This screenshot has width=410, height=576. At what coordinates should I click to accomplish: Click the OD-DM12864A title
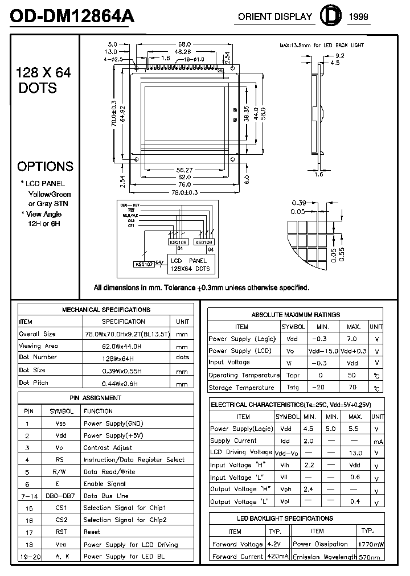72,17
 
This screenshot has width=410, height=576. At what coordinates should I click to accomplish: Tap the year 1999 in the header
358,17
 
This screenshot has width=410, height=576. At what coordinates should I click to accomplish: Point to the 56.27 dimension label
184,170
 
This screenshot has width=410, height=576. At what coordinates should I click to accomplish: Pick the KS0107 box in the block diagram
145,264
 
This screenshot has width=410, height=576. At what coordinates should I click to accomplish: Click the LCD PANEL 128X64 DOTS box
191,264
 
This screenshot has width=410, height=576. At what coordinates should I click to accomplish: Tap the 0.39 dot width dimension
300,203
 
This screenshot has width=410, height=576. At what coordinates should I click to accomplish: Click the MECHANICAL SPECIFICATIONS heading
106,310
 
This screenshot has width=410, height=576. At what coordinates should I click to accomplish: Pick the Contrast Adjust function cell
107,447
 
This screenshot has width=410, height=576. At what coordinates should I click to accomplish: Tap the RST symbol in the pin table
61,532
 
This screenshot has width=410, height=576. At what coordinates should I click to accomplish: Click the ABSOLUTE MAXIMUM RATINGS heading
296,314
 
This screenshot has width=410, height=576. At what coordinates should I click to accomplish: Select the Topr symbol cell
293,376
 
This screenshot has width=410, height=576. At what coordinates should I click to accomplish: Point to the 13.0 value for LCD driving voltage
355,453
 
